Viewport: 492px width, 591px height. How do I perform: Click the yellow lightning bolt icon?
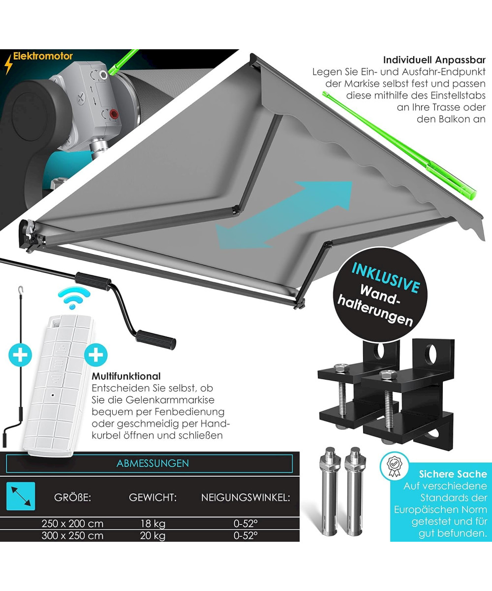[8, 65]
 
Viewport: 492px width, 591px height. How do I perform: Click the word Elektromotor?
[43, 56]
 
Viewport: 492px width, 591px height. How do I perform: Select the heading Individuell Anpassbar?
[434, 60]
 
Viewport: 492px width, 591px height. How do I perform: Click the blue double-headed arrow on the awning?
[284, 215]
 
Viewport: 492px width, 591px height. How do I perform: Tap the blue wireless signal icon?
[74, 298]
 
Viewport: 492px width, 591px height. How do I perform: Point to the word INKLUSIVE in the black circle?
[386, 278]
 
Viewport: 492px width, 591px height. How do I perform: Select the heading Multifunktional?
[126, 376]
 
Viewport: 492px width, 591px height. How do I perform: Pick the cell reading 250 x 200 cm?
[72, 524]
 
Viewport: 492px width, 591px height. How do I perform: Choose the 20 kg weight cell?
[153, 536]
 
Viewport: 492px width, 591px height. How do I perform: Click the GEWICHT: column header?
[153, 497]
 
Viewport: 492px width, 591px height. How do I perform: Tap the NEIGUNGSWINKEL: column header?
[246, 497]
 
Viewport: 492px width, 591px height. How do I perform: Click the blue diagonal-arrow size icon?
[21, 496]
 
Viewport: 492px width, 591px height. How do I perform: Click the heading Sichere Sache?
[453, 474]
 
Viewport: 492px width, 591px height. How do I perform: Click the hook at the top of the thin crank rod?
[20, 289]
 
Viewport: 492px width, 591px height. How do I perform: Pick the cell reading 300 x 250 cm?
[72, 536]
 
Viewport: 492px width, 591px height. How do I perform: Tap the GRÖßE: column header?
[73, 497]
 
